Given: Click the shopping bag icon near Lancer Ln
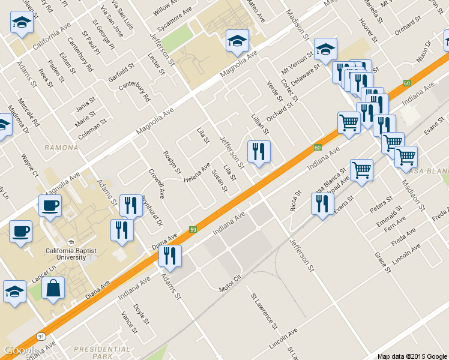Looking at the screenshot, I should coord(53,288).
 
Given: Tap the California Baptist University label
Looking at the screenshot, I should coord(71,254).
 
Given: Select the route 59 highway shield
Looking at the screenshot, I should coord(193,229).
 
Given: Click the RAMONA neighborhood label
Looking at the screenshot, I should coord(61,147).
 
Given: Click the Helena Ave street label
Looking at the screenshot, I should coord(197,174).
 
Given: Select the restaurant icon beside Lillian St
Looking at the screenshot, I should coord(259,152).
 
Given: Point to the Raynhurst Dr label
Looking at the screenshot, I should coord(152,211).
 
